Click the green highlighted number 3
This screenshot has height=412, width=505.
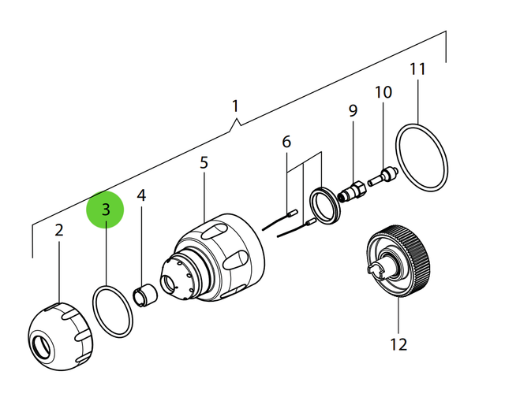106,211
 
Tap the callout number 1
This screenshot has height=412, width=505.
234,105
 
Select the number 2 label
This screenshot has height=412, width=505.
58,231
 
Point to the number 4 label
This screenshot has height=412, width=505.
141,195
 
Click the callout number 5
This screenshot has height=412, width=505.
204,163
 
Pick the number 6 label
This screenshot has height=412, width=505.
286,142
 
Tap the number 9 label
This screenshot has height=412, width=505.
353,110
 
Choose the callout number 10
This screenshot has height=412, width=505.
383,92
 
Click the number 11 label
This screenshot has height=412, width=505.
417,69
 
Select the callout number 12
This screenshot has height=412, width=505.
398,344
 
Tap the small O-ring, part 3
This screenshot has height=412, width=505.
112,312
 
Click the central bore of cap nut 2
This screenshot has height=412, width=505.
42,344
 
